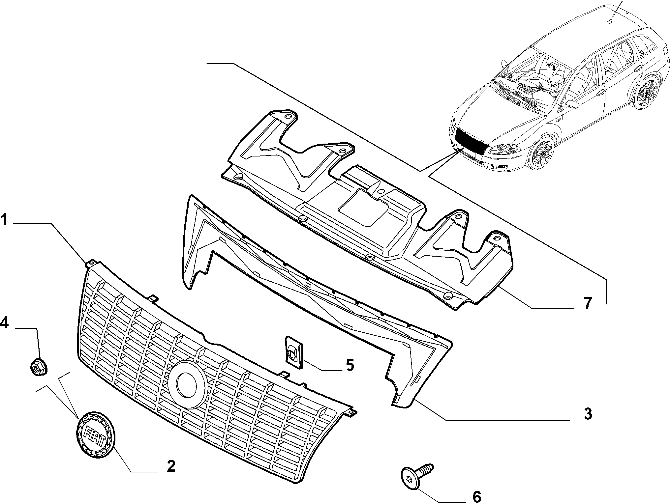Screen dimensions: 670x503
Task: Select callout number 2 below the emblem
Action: [171, 466]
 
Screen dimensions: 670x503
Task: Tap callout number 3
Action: [588, 414]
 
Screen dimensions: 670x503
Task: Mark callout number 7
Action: [588, 303]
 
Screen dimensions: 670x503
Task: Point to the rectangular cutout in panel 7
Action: [364, 207]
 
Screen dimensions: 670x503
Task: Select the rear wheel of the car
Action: [644, 91]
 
